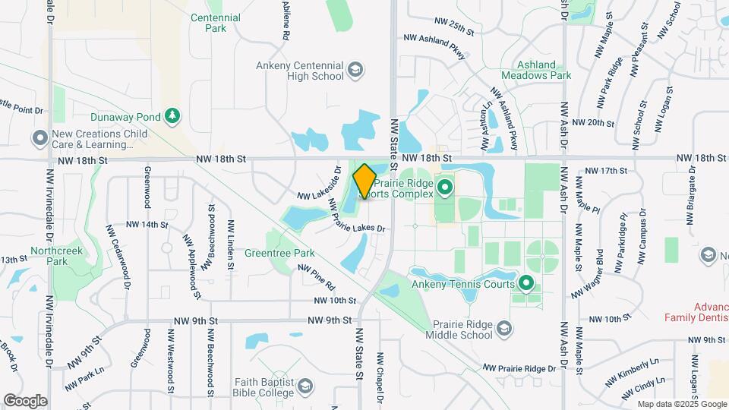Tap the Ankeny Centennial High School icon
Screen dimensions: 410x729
pos(354,71)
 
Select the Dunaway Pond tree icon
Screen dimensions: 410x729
pos(174,115)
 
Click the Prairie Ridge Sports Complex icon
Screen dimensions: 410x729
pos(445,184)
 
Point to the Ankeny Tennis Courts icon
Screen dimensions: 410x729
pos(525,285)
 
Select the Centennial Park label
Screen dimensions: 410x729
pos(216,23)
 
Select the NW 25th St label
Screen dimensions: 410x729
pos(454,27)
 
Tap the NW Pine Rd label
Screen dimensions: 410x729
pos(317,277)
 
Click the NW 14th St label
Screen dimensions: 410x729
pos(147,225)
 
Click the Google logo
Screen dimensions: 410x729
pos(26,400)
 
